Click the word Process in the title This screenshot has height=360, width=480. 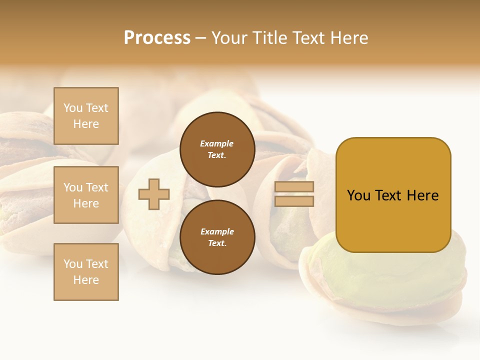tap(157, 38)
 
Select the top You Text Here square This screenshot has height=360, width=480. tap(86, 116)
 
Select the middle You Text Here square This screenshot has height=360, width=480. tap(86, 195)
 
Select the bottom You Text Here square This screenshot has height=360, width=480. tap(86, 272)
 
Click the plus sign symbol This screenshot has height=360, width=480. tap(154, 194)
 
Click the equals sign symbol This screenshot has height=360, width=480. tap(294, 194)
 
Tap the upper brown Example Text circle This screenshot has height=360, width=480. tap(217, 149)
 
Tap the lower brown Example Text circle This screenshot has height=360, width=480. tap(217, 237)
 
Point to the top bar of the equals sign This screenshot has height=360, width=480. tap(294, 187)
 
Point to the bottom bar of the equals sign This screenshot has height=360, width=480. tap(294, 201)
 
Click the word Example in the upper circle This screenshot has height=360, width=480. tap(217, 143)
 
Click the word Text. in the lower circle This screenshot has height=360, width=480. tap(217, 243)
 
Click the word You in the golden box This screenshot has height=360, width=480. tap(359, 195)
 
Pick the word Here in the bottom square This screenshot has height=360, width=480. tap(86, 280)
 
